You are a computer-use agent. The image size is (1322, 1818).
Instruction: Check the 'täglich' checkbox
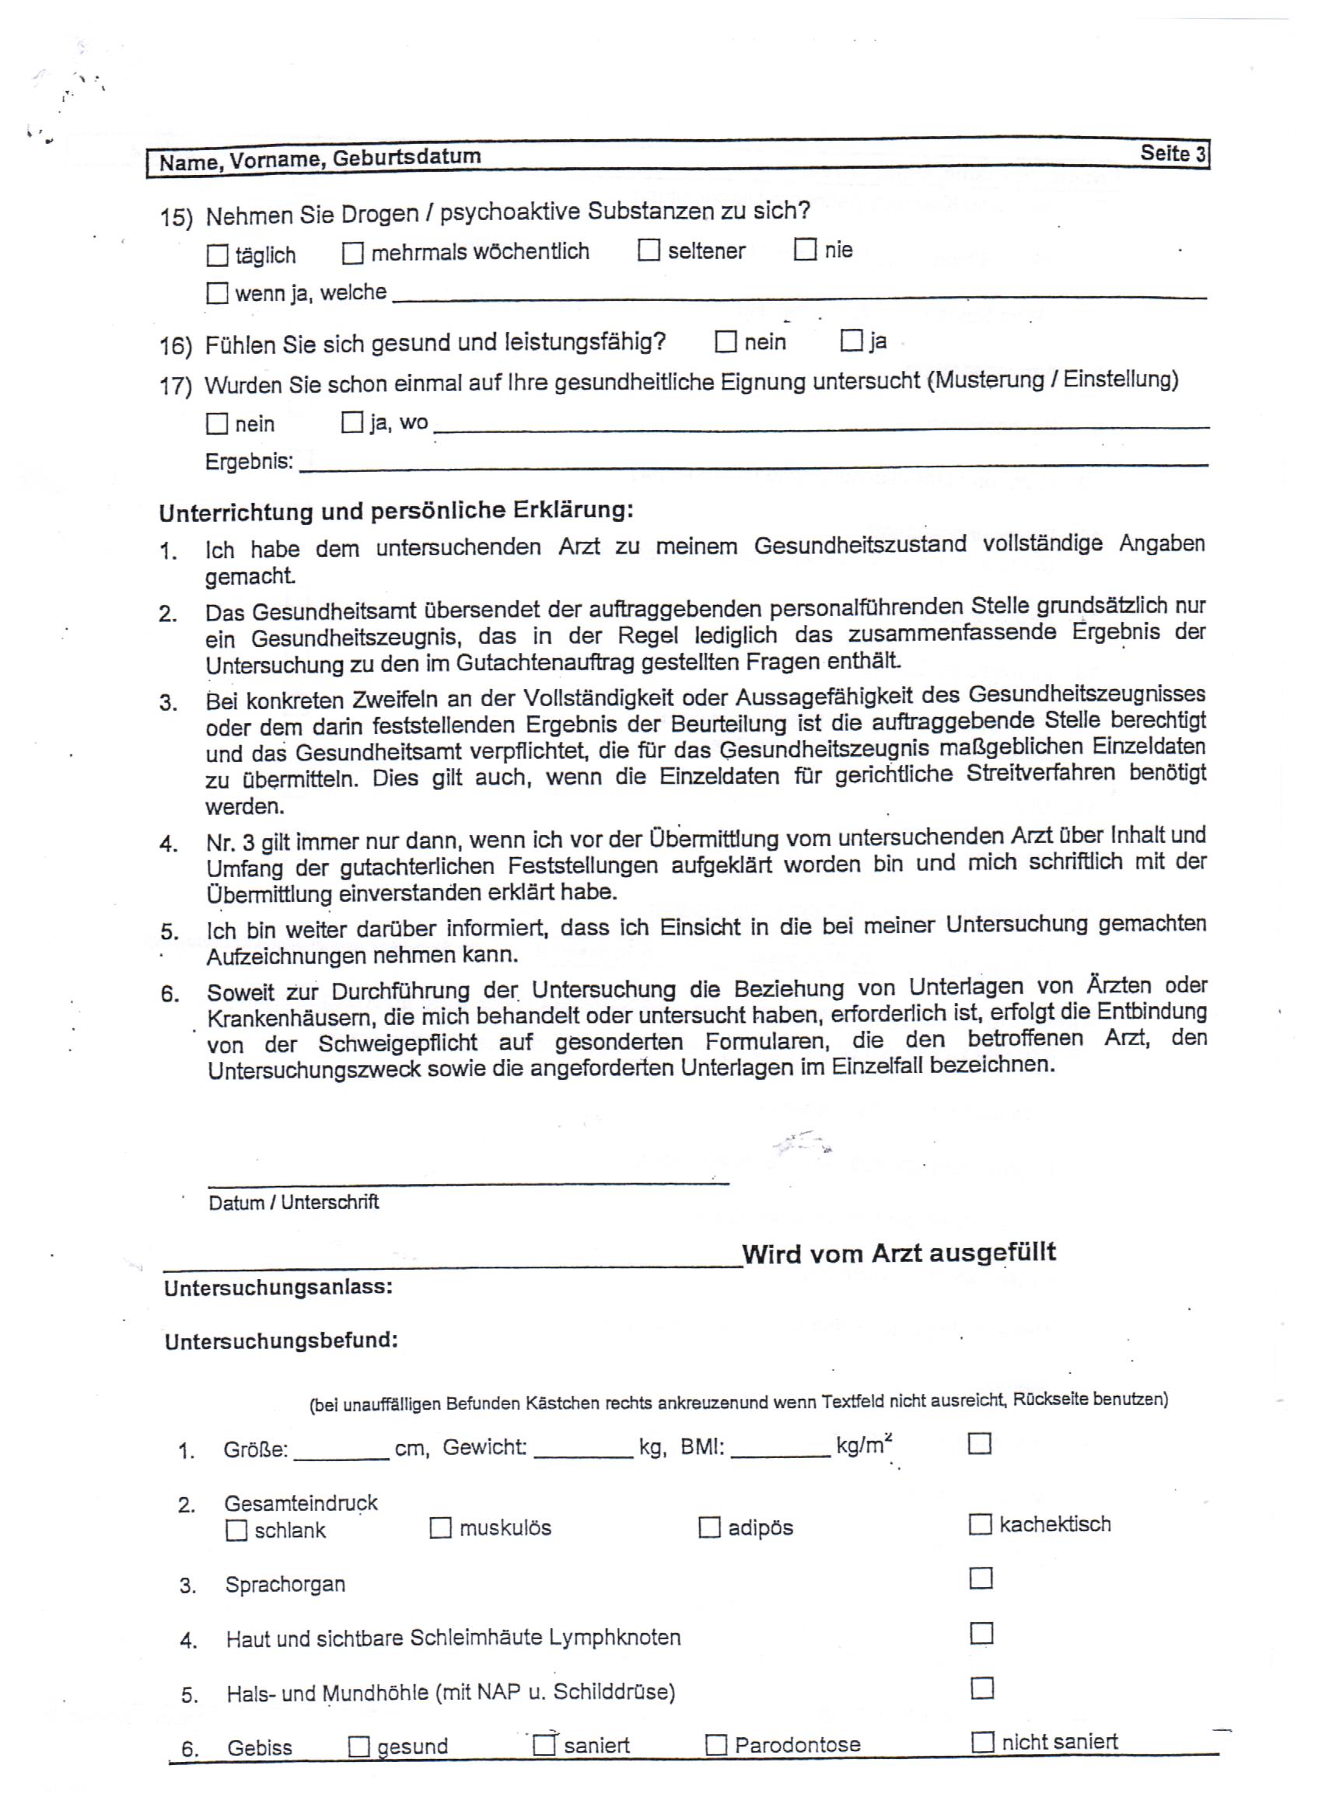point(217,256)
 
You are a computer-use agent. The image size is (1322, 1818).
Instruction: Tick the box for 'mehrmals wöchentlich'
point(353,253)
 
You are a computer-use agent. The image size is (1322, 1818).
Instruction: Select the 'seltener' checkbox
point(649,250)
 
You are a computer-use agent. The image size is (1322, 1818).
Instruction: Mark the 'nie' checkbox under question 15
point(805,250)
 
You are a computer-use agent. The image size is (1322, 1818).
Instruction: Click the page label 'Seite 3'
point(1173,153)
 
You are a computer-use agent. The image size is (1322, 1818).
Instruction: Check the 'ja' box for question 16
point(851,341)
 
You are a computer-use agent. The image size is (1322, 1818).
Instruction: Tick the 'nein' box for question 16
point(726,342)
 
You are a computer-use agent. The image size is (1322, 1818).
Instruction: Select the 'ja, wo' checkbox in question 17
point(352,422)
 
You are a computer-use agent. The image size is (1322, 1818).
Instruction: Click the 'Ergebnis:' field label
point(250,463)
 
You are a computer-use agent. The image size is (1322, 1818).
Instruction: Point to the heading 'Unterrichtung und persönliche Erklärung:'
point(396,511)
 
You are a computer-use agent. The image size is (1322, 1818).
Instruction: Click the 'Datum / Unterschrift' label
point(293,1202)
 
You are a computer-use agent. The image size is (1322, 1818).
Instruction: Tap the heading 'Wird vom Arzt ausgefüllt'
point(899,1253)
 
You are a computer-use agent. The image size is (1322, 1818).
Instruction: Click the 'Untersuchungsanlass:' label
point(278,1288)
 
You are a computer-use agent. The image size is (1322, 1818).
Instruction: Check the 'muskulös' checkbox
point(440,1528)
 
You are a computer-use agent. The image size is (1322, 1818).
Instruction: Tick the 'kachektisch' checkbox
point(980,1524)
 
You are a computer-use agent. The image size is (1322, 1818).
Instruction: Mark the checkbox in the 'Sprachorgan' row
point(981,1578)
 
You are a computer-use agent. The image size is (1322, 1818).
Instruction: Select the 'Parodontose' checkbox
point(716,1745)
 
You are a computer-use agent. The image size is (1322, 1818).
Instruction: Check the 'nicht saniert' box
point(982,1742)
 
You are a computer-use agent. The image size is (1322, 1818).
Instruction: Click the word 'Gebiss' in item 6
point(260,1747)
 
